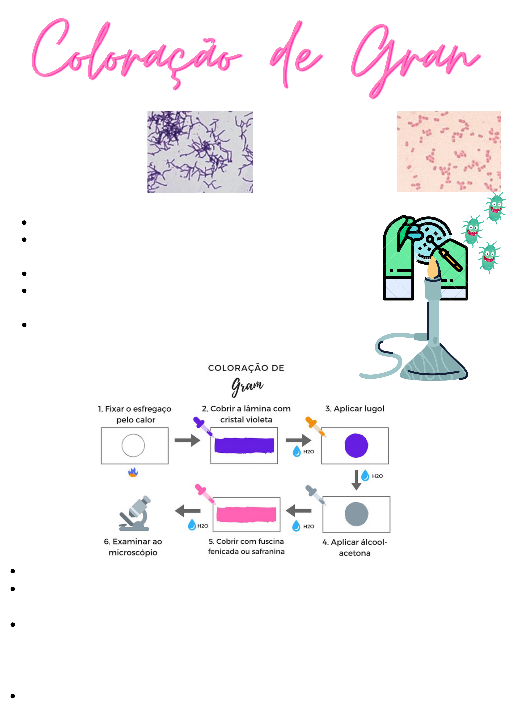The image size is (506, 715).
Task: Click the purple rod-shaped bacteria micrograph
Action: [x=200, y=152]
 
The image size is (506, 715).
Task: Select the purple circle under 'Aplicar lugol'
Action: [x=356, y=445]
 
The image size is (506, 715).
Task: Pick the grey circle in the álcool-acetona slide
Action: [x=356, y=514]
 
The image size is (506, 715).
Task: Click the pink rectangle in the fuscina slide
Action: [x=246, y=514]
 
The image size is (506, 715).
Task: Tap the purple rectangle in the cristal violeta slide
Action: [x=244, y=445]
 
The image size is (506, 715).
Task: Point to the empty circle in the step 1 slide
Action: [x=133, y=445]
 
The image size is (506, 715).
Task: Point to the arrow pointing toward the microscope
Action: [x=188, y=511]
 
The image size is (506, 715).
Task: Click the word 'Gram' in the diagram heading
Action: [x=247, y=386]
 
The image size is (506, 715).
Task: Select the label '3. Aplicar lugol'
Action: [x=354, y=409]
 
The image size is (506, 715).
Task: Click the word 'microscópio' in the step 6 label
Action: [x=133, y=553]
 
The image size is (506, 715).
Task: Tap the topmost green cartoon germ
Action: [x=495, y=207]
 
